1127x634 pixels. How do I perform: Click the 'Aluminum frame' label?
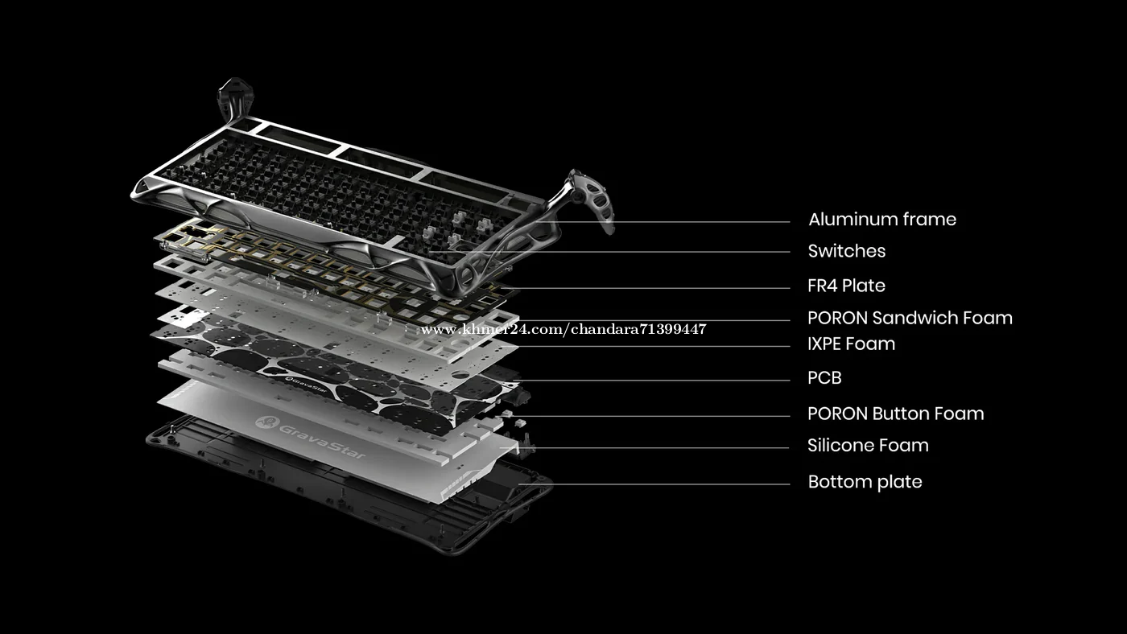tap(882, 220)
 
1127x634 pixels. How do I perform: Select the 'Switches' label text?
tap(847, 251)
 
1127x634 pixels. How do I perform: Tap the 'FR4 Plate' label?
tap(846, 286)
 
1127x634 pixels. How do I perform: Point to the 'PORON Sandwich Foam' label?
tap(910, 318)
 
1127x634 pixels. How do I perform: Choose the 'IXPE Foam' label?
tap(852, 344)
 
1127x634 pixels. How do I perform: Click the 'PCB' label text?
tap(824, 377)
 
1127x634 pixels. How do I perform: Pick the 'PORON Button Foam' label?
tap(895, 414)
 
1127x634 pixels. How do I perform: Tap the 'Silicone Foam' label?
tap(868, 446)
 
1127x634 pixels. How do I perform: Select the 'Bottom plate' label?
tap(865, 482)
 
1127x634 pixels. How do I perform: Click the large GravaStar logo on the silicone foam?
tap(310, 436)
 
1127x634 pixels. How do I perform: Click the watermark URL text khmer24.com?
tap(563, 329)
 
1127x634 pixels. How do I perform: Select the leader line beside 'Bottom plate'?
tap(654, 484)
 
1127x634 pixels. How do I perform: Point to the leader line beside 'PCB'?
tap(654, 380)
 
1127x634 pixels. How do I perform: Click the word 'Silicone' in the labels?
tap(840, 446)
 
